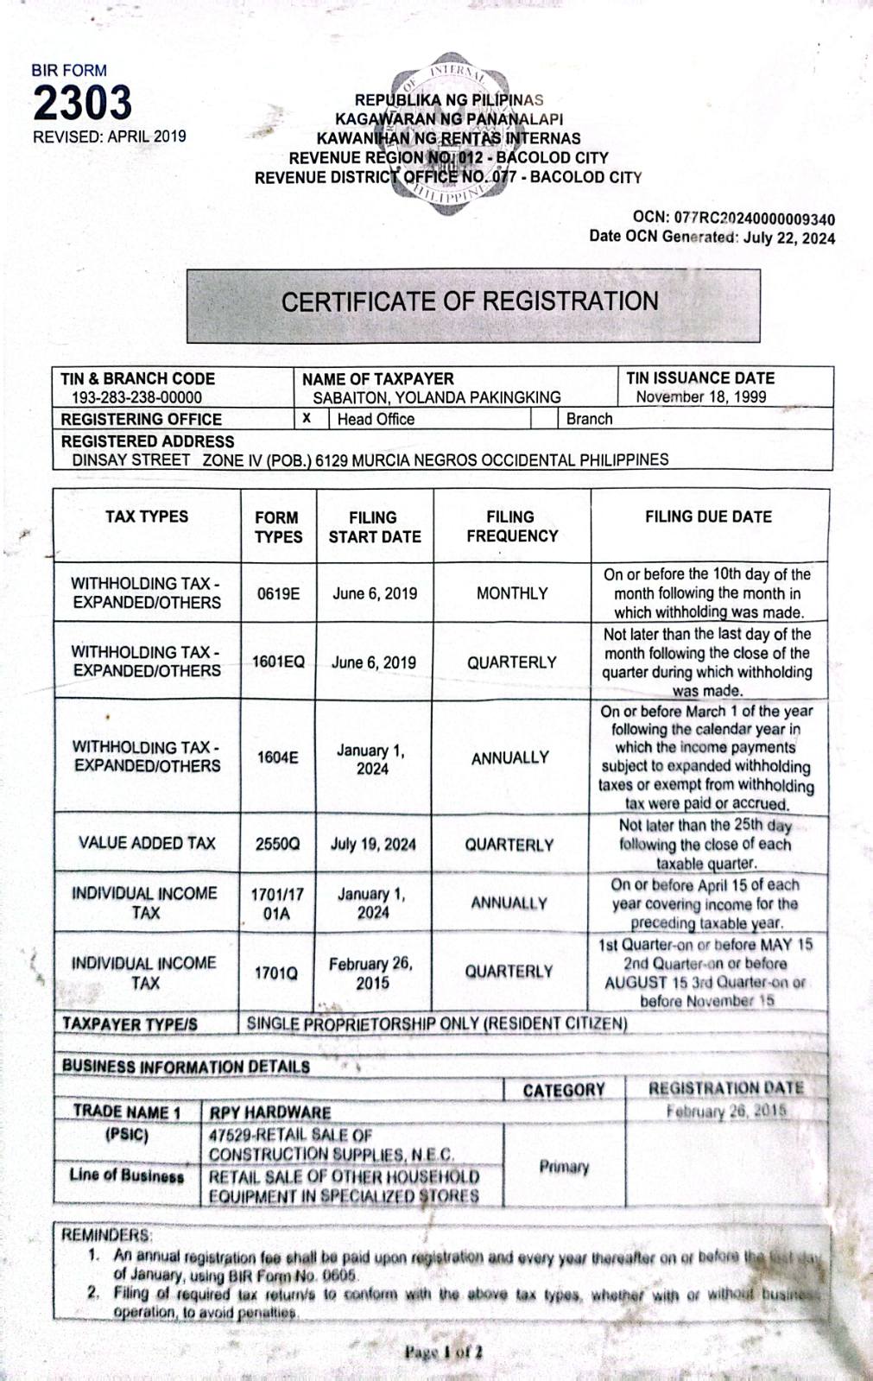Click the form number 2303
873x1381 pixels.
click(x=83, y=104)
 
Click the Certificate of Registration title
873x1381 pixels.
click(x=470, y=301)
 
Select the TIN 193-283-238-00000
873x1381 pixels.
click(x=136, y=397)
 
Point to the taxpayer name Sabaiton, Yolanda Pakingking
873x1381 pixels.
click(x=437, y=397)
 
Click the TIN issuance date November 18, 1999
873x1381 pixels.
click(x=701, y=397)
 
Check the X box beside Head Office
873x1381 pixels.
click(x=307, y=419)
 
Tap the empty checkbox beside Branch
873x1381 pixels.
click(x=544, y=419)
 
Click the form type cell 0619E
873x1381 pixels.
click(x=278, y=594)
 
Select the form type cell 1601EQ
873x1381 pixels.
click(x=278, y=662)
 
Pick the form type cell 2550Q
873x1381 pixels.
click(x=278, y=844)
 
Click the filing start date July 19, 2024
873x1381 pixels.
click(x=373, y=844)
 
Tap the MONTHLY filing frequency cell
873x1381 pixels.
click(x=512, y=594)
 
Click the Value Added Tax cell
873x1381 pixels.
click(x=147, y=843)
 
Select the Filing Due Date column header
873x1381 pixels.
click(x=708, y=516)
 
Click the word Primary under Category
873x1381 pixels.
click(x=564, y=1167)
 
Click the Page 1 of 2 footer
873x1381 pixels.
click(x=443, y=1352)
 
